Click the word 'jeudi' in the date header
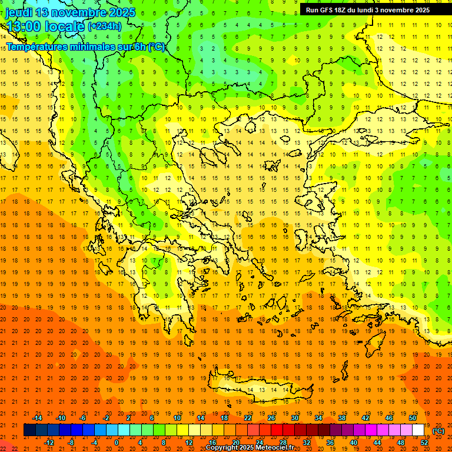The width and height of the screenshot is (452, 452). tap(19, 12)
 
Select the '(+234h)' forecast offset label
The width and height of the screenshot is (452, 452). tap(105, 26)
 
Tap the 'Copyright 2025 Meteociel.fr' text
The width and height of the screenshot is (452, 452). tap(250, 448)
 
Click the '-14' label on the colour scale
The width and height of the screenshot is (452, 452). tap(36, 418)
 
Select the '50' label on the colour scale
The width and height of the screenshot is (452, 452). tap(413, 418)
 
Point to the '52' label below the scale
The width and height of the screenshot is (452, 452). tap(424, 443)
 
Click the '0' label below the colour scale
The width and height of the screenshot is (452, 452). tap(117, 443)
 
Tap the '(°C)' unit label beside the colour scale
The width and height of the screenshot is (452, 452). tap(438, 431)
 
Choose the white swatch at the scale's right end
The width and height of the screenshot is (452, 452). tap(418, 430)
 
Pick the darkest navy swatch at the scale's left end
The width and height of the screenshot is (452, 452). tap(29, 430)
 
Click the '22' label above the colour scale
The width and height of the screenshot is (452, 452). tap(248, 418)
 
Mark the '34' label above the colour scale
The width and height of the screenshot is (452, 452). tap(318, 418)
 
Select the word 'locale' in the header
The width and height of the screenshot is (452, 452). tap(66, 26)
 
